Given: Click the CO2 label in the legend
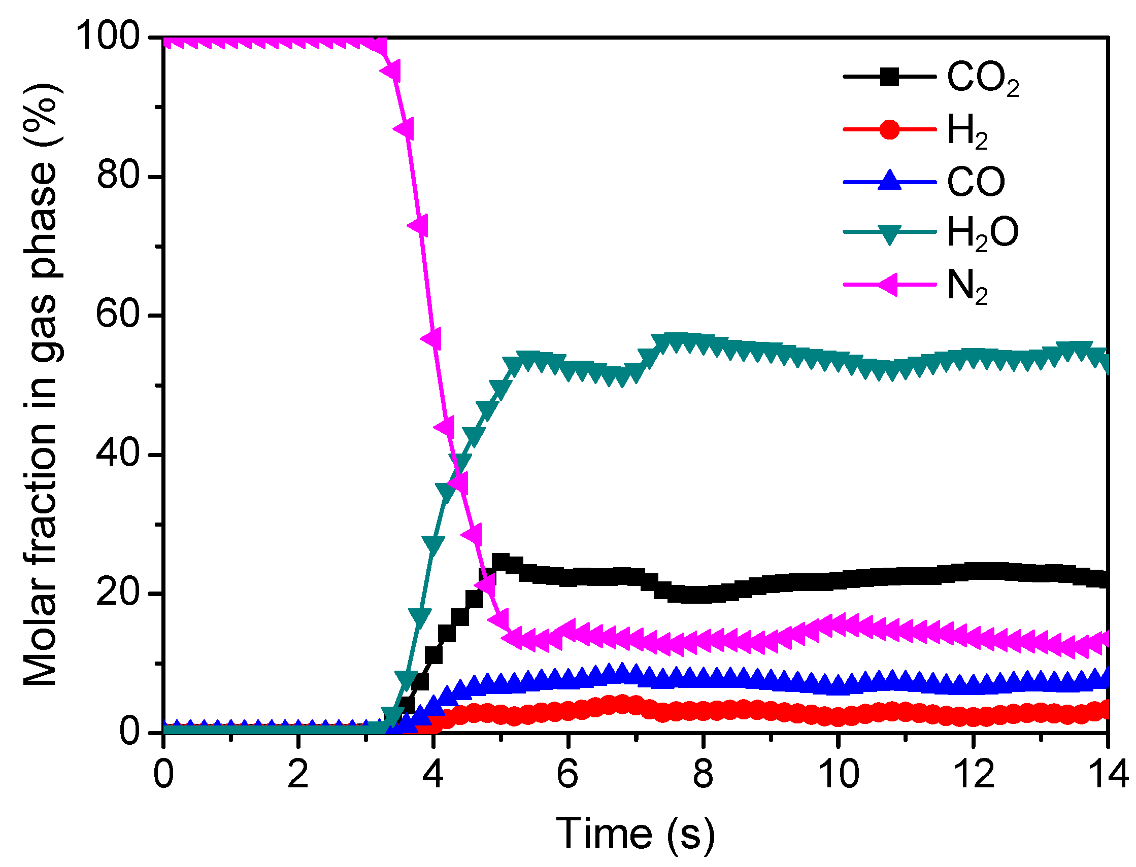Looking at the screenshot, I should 982,79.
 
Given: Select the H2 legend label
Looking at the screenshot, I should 967,131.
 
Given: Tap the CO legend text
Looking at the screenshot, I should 976,182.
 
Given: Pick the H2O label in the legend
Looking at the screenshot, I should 982,233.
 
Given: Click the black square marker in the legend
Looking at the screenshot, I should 889,77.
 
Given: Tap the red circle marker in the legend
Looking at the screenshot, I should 889,129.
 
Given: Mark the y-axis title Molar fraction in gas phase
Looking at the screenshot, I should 41,385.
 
